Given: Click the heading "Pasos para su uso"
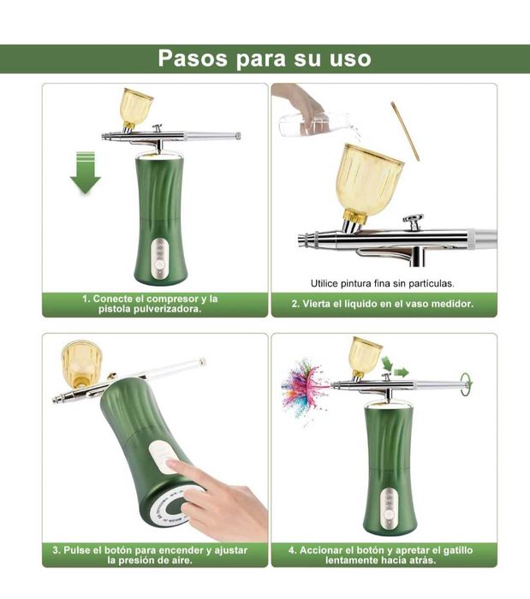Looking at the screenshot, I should click(x=265, y=59).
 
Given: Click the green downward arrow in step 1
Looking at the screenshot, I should click(x=86, y=172).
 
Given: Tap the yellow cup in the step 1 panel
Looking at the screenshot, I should click(x=136, y=106).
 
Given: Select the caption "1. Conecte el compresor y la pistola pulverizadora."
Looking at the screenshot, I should click(x=150, y=304).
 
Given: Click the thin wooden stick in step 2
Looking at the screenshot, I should click(x=406, y=130).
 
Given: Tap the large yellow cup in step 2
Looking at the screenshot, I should click(x=367, y=180).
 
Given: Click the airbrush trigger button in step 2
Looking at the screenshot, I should click(x=414, y=222).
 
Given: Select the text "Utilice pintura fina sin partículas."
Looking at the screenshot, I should click(x=383, y=282).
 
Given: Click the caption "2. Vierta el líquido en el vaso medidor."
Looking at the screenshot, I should click(x=382, y=304).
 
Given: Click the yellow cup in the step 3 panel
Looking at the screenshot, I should click(x=80, y=360).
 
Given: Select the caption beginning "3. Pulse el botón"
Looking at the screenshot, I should click(x=150, y=555).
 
